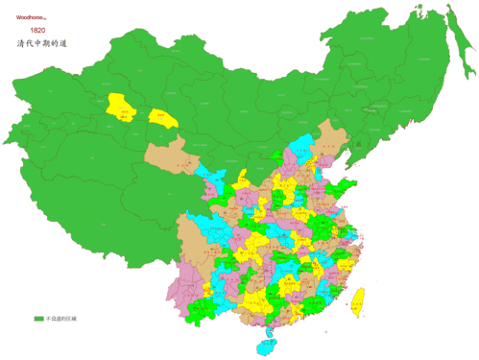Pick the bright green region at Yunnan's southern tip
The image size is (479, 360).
pyautogui.click(x=204, y=309)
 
